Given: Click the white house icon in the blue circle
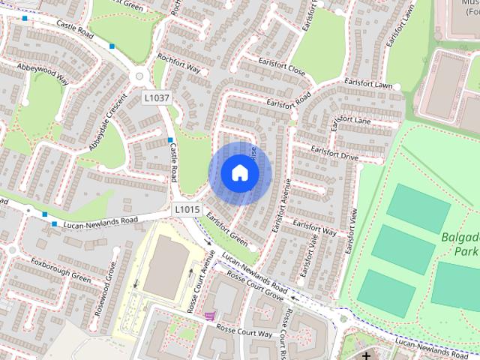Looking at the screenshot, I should pos(239,172).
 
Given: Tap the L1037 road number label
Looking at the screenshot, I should pos(157,97).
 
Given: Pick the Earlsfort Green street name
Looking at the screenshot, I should pos(226,229).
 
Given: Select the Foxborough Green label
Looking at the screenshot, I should pos(61,270).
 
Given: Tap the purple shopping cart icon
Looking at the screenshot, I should pos(210,316).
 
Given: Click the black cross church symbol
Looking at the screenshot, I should pos(367,355).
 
